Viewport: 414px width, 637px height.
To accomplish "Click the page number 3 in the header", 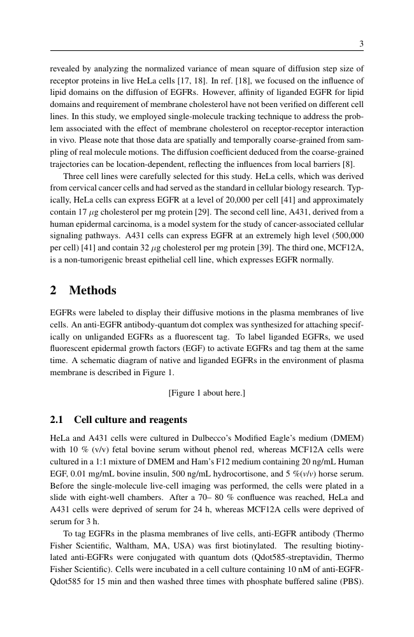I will [x=361, y=44].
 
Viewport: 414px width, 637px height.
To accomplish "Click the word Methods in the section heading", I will [x=92, y=290].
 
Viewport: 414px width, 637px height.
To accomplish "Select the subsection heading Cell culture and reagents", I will [x=131, y=420].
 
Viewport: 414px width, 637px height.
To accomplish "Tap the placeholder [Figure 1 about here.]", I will [x=207, y=393].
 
